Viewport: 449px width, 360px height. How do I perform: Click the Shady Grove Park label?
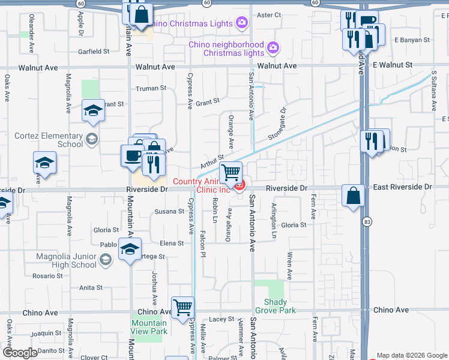(279, 306)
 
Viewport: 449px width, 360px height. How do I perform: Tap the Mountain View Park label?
(149, 327)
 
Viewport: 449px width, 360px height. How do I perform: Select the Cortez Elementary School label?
(46, 140)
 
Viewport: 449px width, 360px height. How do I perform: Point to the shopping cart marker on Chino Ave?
(183, 308)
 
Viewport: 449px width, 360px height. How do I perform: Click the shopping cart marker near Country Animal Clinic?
(231, 173)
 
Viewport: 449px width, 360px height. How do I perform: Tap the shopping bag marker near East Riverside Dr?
(353, 196)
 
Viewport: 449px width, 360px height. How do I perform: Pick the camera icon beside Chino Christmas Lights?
(241, 23)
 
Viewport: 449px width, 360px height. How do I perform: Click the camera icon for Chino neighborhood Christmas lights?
(273, 47)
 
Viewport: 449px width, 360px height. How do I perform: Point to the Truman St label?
(151, 88)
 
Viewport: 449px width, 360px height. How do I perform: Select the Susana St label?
(169, 211)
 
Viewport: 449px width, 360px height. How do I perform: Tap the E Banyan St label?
(412, 40)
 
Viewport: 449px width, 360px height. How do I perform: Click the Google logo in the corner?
(20, 353)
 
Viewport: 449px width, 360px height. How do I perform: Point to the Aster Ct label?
(268, 15)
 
